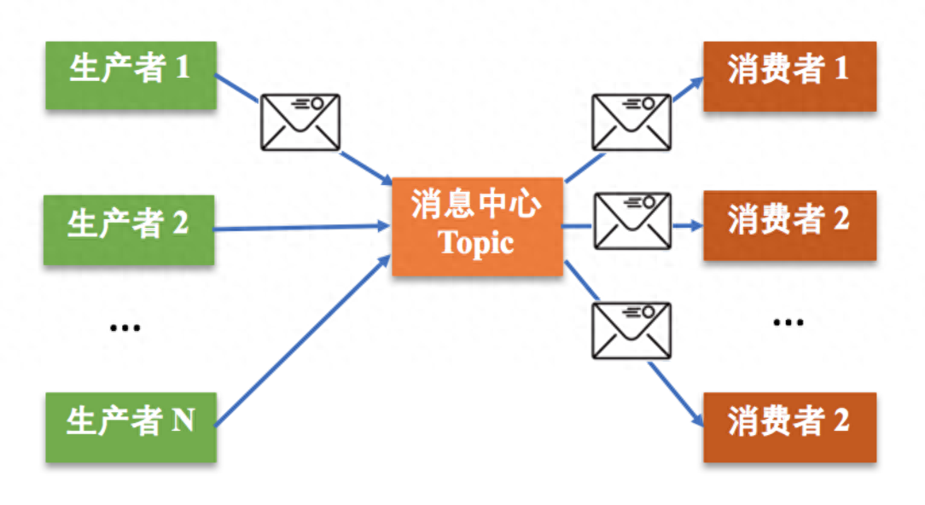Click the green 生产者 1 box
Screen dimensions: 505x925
pos(130,75)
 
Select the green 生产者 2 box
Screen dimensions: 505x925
pos(130,229)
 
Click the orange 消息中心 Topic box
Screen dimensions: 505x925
pos(477,227)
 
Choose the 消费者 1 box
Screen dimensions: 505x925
pos(789,75)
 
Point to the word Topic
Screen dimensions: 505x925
pos(477,243)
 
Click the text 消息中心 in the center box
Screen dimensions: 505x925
pos(477,207)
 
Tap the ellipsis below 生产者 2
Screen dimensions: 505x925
pos(125,328)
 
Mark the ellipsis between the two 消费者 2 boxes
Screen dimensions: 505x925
pos(788,323)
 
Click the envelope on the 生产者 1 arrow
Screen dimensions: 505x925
pos(300,123)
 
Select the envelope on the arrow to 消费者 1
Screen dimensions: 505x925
pos(631,123)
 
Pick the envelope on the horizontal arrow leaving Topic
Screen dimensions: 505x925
pos(631,222)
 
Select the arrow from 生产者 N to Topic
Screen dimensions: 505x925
pos(299,341)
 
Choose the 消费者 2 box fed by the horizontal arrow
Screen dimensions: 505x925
pos(789,225)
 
